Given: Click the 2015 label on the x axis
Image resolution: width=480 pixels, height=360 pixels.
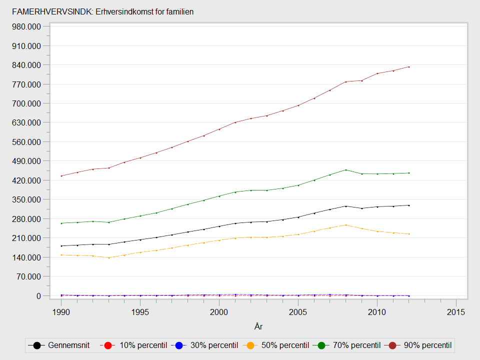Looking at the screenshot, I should tap(456, 312).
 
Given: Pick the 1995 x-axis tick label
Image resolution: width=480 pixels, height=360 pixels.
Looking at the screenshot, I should tap(140, 312).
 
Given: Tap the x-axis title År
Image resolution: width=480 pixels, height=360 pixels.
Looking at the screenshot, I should tap(258, 326).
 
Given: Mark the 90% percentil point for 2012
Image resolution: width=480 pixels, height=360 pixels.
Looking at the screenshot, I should tap(408, 67).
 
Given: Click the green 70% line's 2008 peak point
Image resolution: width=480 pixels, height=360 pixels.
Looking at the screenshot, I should tap(345, 170).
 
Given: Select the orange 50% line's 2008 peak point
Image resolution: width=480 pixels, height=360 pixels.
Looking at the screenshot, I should tap(345, 225).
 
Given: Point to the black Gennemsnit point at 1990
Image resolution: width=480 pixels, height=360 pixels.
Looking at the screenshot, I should tap(61, 246).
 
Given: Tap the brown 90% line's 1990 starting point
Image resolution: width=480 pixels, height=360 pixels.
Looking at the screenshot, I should tap(61, 176).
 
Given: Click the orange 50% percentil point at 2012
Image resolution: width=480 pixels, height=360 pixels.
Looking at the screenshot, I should tap(408, 234).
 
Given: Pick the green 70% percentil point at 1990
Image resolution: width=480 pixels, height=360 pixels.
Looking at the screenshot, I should tap(61, 223).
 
